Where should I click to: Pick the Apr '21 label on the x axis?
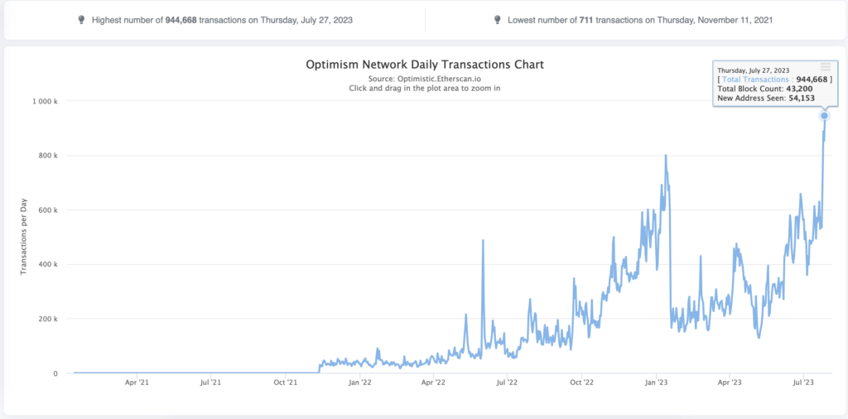(x=137, y=383)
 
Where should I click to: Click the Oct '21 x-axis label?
(x=285, y=383)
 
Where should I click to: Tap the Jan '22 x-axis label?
(x=359, y=383)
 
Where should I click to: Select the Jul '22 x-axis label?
(x=507, y=383)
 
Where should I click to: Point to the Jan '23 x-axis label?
(x=657, y=383)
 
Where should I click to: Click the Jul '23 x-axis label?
(x=804, y=383)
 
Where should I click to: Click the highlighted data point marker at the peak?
(x=825, y=116)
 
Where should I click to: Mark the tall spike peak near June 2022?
(x=483, y=240)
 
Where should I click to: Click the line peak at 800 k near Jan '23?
(x=666, y=155)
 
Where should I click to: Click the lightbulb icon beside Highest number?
(x=80, y=19)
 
